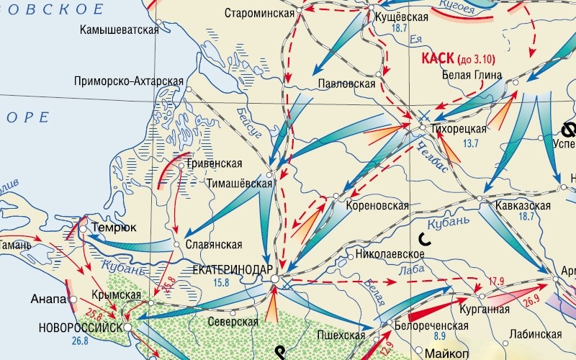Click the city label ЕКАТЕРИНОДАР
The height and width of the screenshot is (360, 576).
(228, 269)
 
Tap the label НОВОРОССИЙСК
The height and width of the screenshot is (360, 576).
(79, 327)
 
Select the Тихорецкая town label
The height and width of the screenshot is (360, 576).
(459, 129)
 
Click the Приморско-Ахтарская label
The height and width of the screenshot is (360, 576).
(129, 81)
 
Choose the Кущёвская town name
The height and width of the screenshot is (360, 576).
(402, 17)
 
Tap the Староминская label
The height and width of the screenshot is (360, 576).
(259, 14)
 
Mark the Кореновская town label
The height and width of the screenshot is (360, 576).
(377, 206)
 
